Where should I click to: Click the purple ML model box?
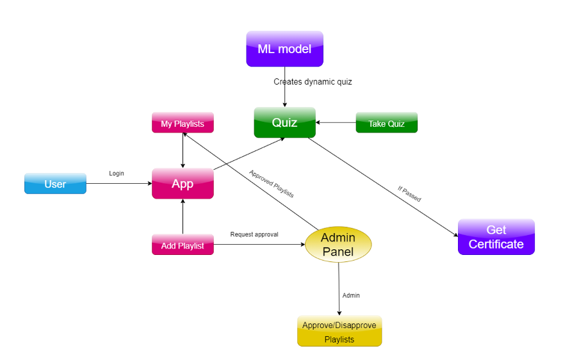coord(285,49)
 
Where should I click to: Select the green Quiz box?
coord(285,122)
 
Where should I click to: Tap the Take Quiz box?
coord(387,122)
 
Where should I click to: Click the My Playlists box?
coord(183,122)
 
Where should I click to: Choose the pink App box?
coord(183,183)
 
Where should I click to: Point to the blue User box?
coord(55,183)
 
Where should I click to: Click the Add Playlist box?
coord(183,245)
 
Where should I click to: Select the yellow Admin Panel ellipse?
coord(338,245)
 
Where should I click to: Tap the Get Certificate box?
coord(496,237)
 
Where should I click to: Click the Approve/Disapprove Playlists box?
coord(339,331)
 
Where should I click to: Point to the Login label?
coord(117,173)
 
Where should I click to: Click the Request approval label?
coord(254,234)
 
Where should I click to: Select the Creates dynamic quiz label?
coord(313,81)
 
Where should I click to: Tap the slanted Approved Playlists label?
coord(272,183)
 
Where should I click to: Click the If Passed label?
coord(409,194)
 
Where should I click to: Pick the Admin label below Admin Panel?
coord(351,295)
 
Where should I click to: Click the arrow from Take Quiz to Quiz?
coord(336,122)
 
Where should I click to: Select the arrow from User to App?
coord(119,183)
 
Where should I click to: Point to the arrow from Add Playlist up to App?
coord(183,217)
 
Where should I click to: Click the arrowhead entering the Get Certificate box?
coord(455,235)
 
